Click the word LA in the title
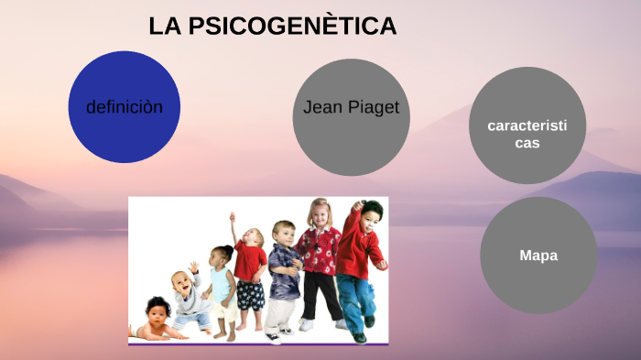[x=166, y=27]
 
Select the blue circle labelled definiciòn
[x=124, y=107]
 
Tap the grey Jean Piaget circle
[x=350, y=117]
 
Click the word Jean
[x=322, y=108]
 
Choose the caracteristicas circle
[x=527, y=125]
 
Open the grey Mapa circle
[x=538, y=256]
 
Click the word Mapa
[x=538, y=256]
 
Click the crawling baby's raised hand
[x=193, y=267]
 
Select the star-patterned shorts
[x=250, y=295]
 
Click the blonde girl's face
[x=320, y=216]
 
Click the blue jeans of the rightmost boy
[x=358, y=298]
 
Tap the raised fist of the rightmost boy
[x=357, y=205]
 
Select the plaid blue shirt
[x=284, y=270]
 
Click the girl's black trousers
[x=320, y=295]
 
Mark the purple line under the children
[x=258, y=344]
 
